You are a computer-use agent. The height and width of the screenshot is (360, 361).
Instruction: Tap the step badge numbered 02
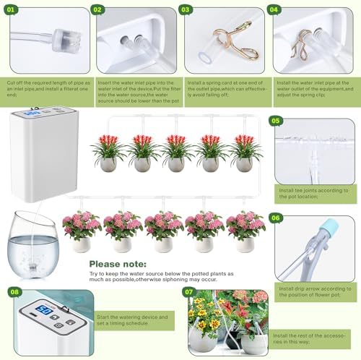97,10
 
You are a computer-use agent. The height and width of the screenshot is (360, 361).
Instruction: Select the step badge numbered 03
186,10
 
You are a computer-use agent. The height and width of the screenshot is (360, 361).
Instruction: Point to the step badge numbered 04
273,10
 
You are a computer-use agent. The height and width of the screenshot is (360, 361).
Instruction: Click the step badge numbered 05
275,121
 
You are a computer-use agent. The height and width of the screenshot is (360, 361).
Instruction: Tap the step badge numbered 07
189,293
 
